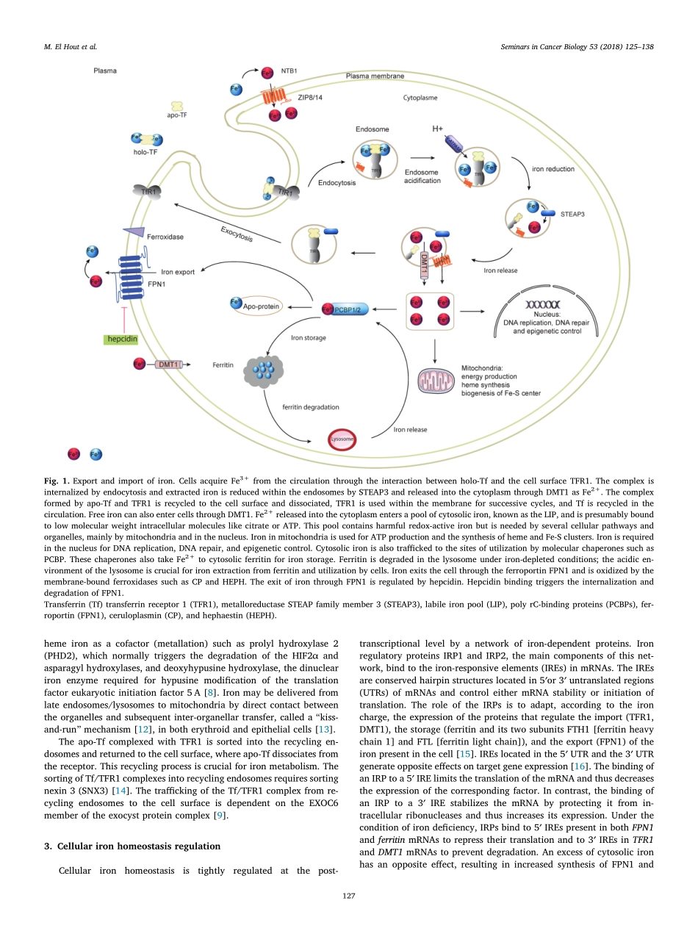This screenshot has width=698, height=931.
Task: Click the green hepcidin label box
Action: pos(120,339)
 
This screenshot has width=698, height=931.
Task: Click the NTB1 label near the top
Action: pos(289,72)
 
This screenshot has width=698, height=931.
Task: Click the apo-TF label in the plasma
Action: pos(177,115)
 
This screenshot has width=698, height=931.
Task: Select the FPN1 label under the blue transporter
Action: pos(156,283)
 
